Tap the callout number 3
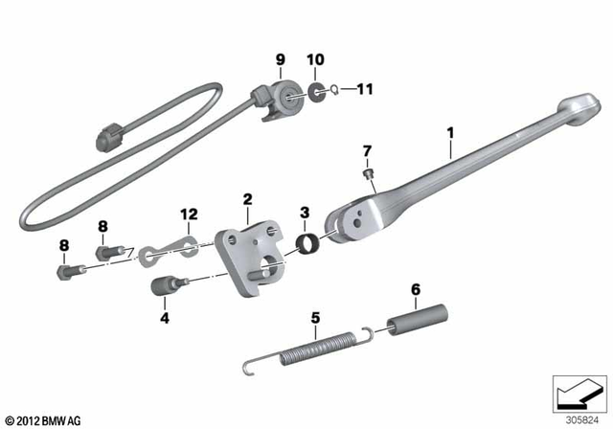[305, 212]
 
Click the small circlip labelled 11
[331, 92]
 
